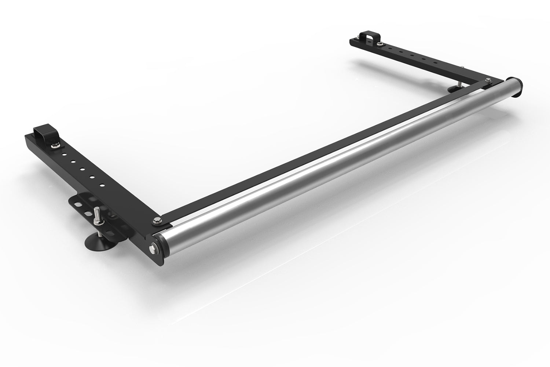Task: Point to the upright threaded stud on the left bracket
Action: pyautogui.click(x=99, y=215)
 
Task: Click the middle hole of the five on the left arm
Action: pyautogui.click(x=82, y=168)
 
